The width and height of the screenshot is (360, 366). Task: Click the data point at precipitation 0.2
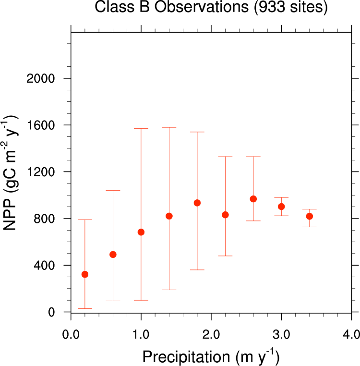point(85,274)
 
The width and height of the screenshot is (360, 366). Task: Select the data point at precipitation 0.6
point(113,255)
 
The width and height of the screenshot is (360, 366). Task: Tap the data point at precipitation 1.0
point(141,232)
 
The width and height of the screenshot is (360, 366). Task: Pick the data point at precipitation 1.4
point(169,216)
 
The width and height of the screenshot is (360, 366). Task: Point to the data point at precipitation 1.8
point(197,203)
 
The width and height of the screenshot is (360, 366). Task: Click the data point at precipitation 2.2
point(225,215)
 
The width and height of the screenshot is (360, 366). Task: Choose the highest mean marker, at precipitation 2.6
point(253,199)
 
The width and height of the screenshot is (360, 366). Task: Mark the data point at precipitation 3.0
point(281,207)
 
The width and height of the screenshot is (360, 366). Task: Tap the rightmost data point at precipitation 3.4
point(310,217)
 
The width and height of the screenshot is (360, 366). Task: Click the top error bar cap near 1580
point(169,127)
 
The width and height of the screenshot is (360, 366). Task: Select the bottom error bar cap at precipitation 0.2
point(85,308)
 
